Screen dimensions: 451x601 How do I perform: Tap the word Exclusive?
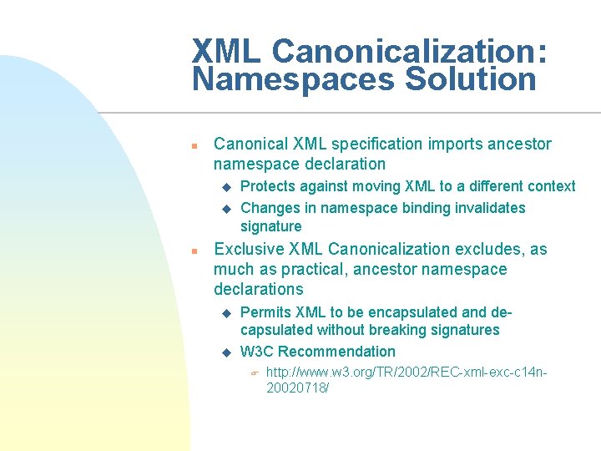pyautogui.click(x=249, y=249)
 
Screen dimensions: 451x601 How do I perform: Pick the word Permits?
pyautogui.click(x=265, y=312)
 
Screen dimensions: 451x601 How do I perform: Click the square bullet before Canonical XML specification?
pyautogui.click(x=193, y=145)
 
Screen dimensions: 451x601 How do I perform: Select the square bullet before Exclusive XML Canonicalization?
pyautogui.click(x=193, y=251)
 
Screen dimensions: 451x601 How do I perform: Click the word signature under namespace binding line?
pyautogui.click(x=270, y=226)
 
